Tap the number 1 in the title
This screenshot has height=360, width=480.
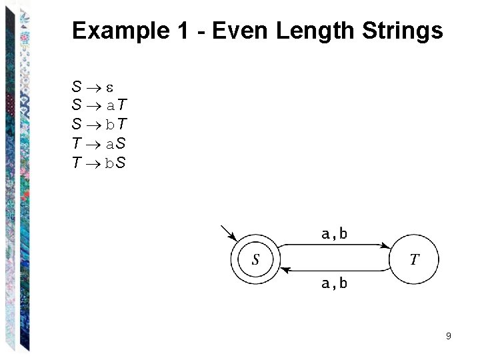pos(182,31)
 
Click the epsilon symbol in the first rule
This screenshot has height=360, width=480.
pos(110,87)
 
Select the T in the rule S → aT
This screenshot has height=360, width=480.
pos(124,105)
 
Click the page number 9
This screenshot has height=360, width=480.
pos(449,336)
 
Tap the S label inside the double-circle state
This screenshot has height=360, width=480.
pos(255,260)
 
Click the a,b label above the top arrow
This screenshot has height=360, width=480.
pos(334,234)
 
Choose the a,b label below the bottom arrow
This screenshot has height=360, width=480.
pos(334,283)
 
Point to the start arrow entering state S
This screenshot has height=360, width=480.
pos(229,233)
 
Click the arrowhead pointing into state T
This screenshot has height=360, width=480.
pos(388,247)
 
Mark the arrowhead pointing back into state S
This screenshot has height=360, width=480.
pos(283,270)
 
